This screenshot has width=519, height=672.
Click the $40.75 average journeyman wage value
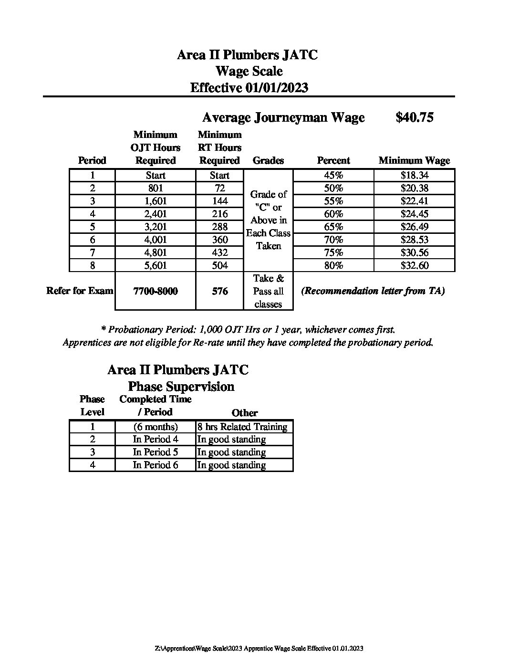point(414,117)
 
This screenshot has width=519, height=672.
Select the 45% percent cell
point(333,175)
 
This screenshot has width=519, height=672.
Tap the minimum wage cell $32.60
point(414,265)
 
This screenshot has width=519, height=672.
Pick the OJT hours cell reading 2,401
point(156,214)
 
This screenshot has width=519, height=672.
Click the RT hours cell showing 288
point(219,227)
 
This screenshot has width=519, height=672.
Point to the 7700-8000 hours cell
point(156,291)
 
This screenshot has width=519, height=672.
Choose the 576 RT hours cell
point(219,291)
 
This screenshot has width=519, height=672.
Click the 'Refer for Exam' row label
point(80,291)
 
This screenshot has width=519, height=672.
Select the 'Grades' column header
point(268,161)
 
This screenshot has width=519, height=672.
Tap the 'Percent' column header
point(333,161)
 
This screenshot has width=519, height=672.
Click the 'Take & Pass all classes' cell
point(268,291)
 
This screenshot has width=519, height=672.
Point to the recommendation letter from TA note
point(373,291)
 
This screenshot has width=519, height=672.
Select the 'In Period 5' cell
point(156,452)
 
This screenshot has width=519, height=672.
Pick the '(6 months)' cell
point(156,427)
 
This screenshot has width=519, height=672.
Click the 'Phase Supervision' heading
point(181,387)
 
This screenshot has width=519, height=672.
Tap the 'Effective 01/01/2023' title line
point(249,88)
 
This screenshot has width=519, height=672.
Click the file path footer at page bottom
point(259,648)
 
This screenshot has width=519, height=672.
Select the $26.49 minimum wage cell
point(414,227)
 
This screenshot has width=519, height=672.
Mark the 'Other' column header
point(244,413)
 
